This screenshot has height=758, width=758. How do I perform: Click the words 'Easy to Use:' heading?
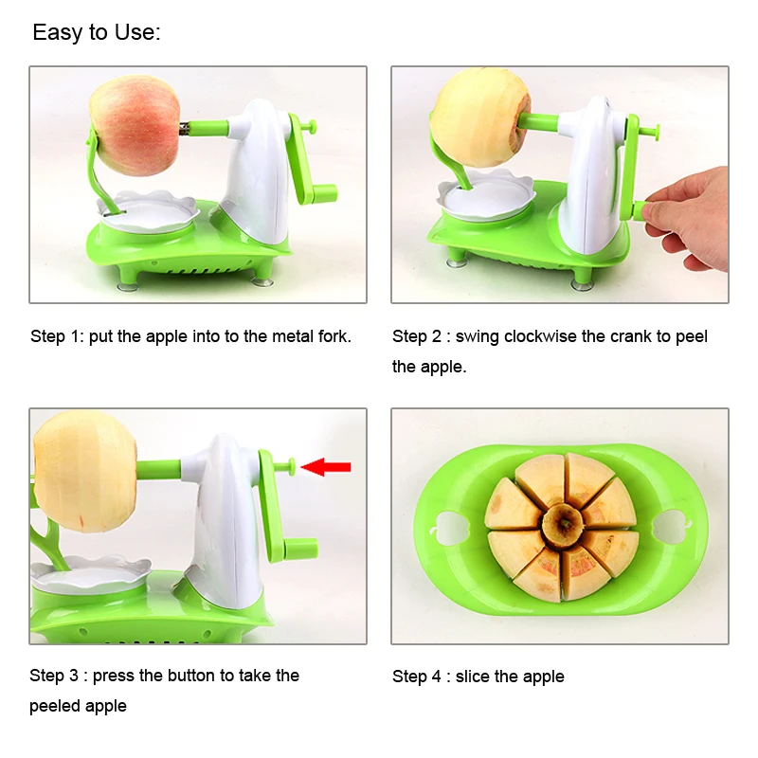(x=97, y=33)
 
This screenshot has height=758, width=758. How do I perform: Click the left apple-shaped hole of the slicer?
(x=448, y=528)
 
